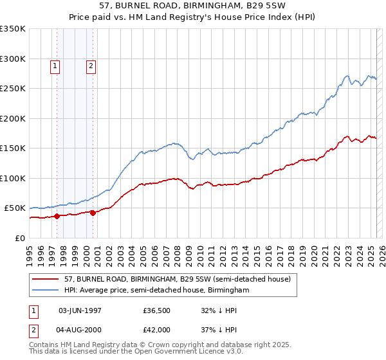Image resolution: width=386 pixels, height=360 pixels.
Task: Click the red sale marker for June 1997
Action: click(57, 216)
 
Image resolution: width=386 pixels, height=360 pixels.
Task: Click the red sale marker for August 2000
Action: click(93, 213)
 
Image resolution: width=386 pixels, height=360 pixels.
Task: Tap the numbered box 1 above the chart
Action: click(55, 65)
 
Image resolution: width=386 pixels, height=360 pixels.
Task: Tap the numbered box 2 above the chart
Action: click(91, 65)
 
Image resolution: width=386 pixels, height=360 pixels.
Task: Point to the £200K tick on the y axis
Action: click(12, 118)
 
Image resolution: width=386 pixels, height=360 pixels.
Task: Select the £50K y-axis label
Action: click(14, 208)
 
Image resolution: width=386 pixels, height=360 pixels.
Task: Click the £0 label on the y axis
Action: click(19, 239)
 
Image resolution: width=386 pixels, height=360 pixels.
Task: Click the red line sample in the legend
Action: click(46, 279)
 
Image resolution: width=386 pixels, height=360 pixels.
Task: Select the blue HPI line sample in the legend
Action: click(46, 291)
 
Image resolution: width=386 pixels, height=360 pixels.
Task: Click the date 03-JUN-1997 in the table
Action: click(80, 310)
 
